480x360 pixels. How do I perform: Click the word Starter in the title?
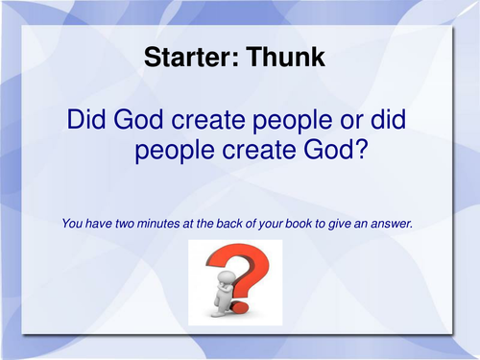point(183,58)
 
